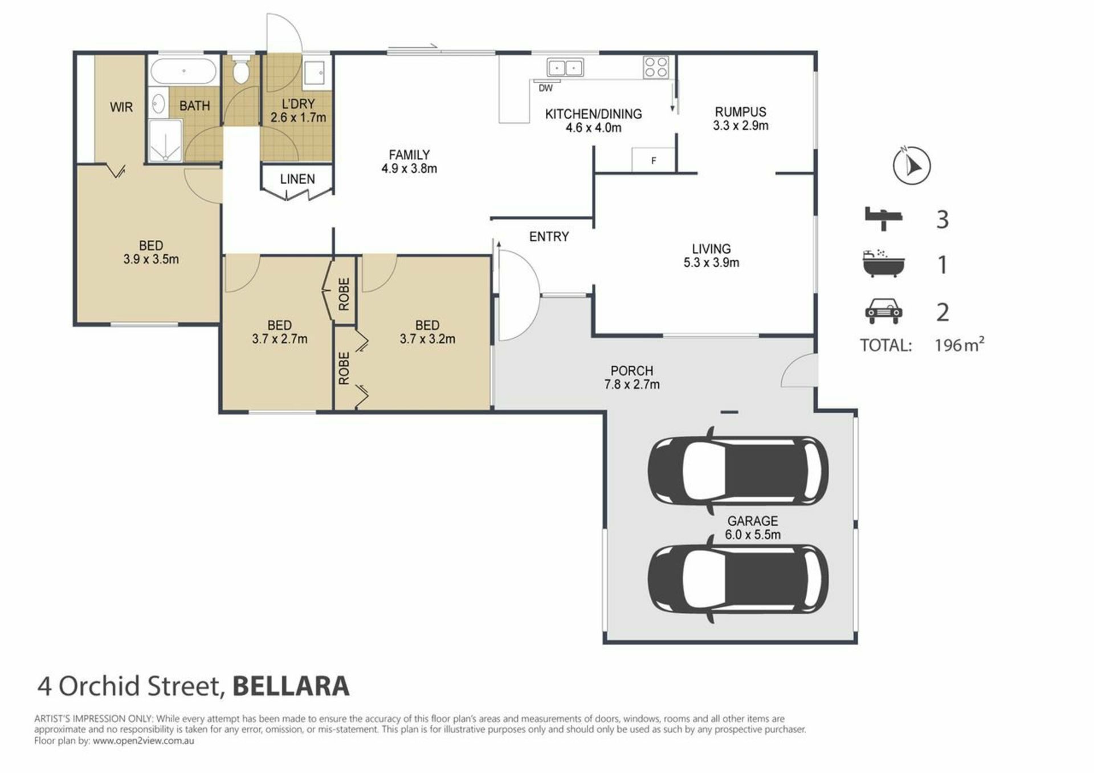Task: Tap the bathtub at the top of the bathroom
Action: pos(183,72)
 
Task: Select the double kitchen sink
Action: pos(565,68)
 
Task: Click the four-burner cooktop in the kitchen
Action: pos(656,67)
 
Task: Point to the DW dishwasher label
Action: pos(545,88)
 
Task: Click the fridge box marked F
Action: pos(654,160)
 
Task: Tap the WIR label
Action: pos(121,107)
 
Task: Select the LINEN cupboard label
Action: pos(297,179)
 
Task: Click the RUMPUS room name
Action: pos(741,112)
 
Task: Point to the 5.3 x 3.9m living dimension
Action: pos(712,263)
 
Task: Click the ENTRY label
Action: pos(549,236)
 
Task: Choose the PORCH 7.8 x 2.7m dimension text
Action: pos(632,385)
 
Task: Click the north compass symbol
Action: pos(912,165)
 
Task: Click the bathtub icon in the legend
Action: pos(883,263)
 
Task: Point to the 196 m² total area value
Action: pos(960,344)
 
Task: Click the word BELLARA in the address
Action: pos(291,686)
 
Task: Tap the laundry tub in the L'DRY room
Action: pos(314,73)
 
